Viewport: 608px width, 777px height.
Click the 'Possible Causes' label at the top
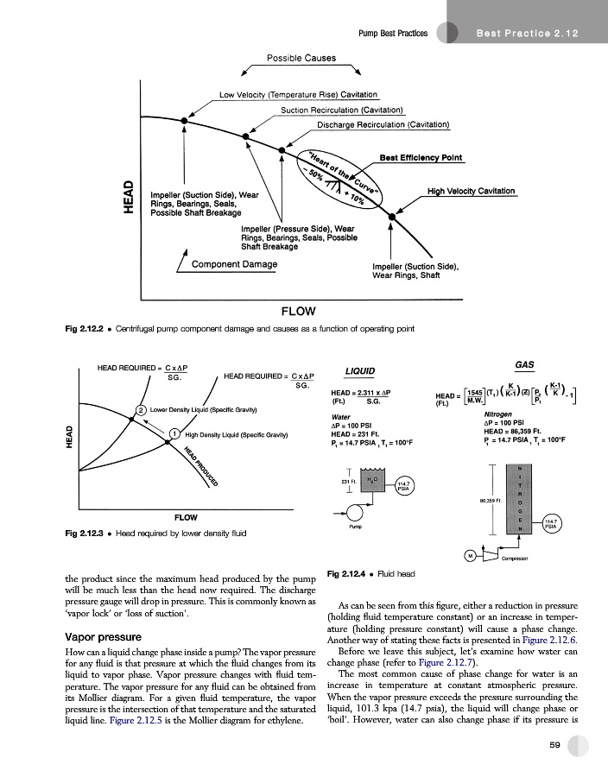(301, 58)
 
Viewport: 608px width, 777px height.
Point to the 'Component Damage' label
(234, 263)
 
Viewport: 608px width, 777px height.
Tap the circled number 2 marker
(140, 409)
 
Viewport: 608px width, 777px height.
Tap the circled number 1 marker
(174, 434)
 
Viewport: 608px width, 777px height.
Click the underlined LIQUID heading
(359, 371)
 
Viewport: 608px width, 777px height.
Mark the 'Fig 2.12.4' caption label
(350, 573)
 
